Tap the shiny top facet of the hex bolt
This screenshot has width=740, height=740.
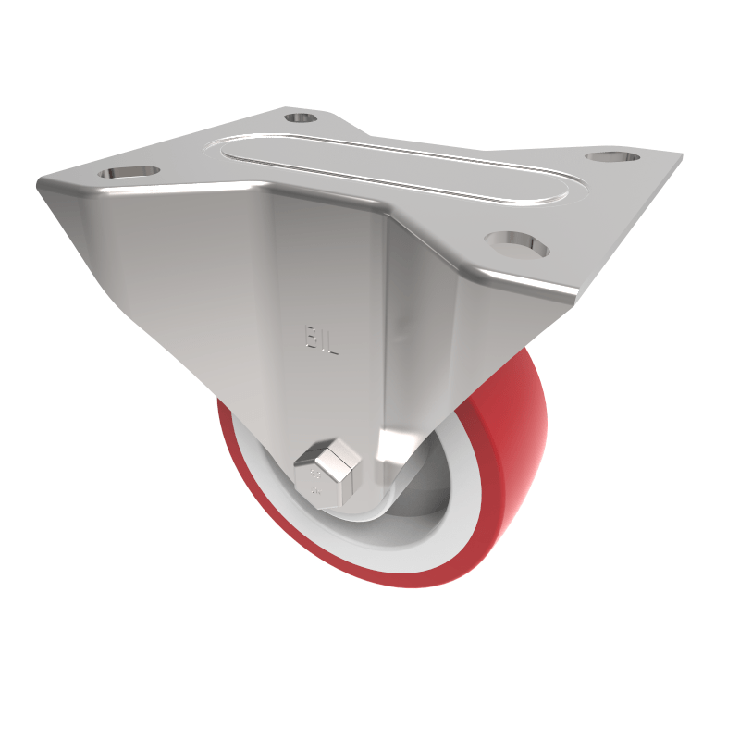(x=335, y=453)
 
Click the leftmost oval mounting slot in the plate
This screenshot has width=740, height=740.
(x=127, y=173)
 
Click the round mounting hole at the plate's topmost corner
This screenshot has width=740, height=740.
(x=299, y=118)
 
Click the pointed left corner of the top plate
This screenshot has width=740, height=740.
(x=43, y=185)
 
